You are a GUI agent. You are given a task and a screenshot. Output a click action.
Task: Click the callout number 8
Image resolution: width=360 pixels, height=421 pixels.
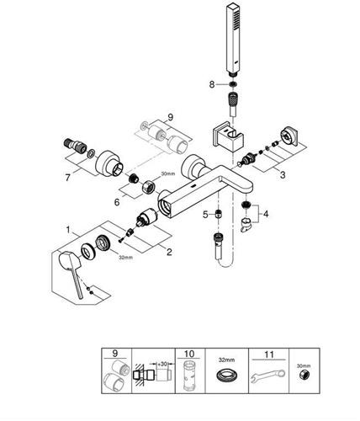point(212,84)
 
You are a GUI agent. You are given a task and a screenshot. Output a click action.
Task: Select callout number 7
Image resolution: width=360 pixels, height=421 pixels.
point(67,178)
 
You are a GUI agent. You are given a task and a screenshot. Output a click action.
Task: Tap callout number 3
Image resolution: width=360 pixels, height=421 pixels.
point(283,175)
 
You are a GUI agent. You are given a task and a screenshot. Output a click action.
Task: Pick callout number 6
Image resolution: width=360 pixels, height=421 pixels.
point(117,202)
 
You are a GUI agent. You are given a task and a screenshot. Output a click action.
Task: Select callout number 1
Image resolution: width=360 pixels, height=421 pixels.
point(68,230)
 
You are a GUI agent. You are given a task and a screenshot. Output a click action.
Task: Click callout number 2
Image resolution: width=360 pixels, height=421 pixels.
point(169,252)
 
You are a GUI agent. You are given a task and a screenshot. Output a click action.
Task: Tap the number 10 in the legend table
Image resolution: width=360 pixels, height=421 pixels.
point(189,354)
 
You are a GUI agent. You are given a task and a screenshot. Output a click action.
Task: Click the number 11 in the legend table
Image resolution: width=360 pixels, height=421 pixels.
point(268,354)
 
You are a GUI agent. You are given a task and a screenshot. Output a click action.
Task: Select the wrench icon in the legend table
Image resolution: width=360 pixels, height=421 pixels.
point(267,376)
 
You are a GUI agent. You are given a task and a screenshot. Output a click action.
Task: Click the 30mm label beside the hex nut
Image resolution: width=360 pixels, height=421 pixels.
point(168,173)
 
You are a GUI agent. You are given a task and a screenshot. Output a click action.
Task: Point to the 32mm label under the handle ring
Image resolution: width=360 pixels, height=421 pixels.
point(125,257)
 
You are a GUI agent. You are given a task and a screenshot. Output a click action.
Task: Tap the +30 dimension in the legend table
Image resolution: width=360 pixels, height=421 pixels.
point(162,364)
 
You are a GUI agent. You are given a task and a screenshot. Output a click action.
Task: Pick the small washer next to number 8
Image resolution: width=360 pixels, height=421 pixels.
point(232,84)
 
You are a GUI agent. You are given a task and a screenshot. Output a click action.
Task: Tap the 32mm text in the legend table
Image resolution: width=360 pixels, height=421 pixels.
point(226,360)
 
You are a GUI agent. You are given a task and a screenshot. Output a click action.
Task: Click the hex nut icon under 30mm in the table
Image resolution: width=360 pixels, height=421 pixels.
point(304,375)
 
